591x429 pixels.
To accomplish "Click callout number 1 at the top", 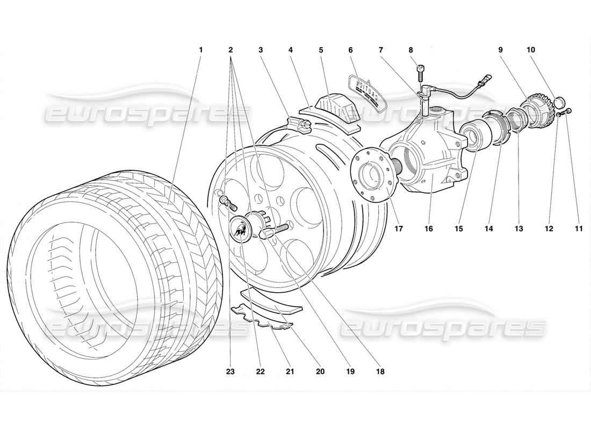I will pos(200,50).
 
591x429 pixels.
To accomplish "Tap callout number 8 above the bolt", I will pos(410,50).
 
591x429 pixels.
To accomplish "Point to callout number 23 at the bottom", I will pos(230,370).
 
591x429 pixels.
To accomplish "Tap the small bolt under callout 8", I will pos(421,70).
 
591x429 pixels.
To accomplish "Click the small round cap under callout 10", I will pos(558,101).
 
